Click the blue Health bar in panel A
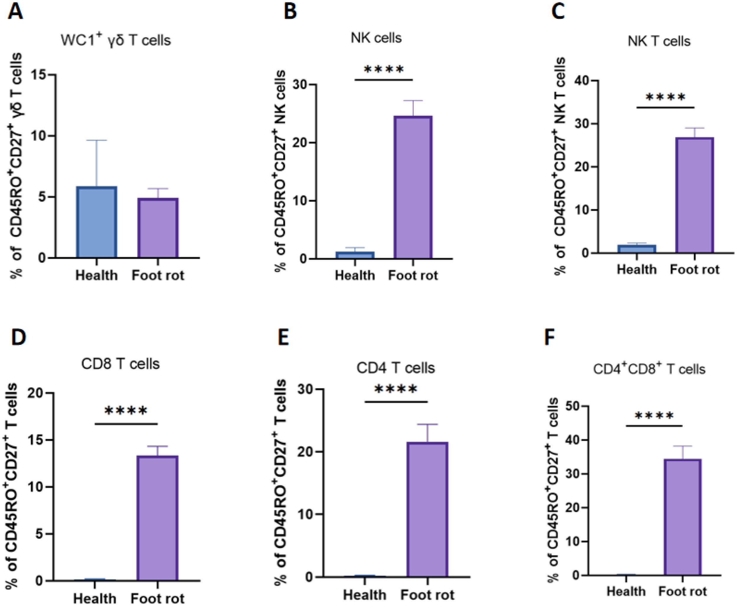click(x=97, y=222)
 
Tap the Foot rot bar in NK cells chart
click(x=413, y=187)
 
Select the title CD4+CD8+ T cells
click(x=649, y=369)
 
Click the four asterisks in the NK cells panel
click(x=384, y=69)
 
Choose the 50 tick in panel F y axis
click(x=571, y=406)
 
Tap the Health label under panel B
click(x=355, y=276)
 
